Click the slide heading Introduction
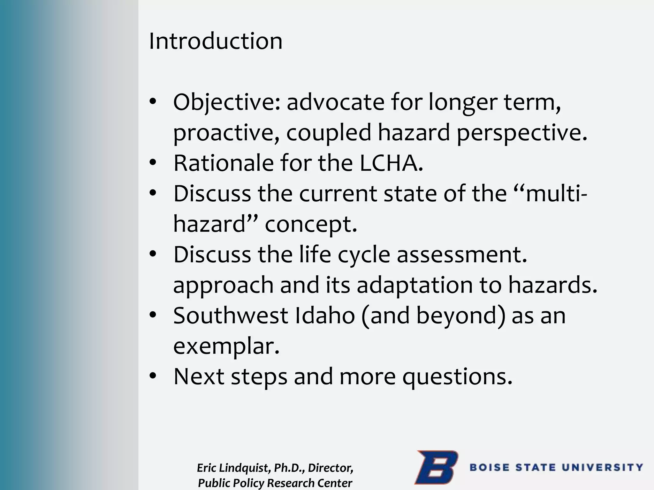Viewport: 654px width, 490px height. coord(216,41)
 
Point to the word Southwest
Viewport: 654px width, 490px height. coord(231,316)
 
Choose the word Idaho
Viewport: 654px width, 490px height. coord(324,316)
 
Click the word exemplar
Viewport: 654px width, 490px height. coord(226,346)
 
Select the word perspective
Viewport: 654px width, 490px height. coord(522,133)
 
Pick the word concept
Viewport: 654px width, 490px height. coord(311,224)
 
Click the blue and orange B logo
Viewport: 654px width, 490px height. coord(436,467)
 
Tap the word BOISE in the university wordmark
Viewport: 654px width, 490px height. coord(490,468)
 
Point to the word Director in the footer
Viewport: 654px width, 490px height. coord(331,468)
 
